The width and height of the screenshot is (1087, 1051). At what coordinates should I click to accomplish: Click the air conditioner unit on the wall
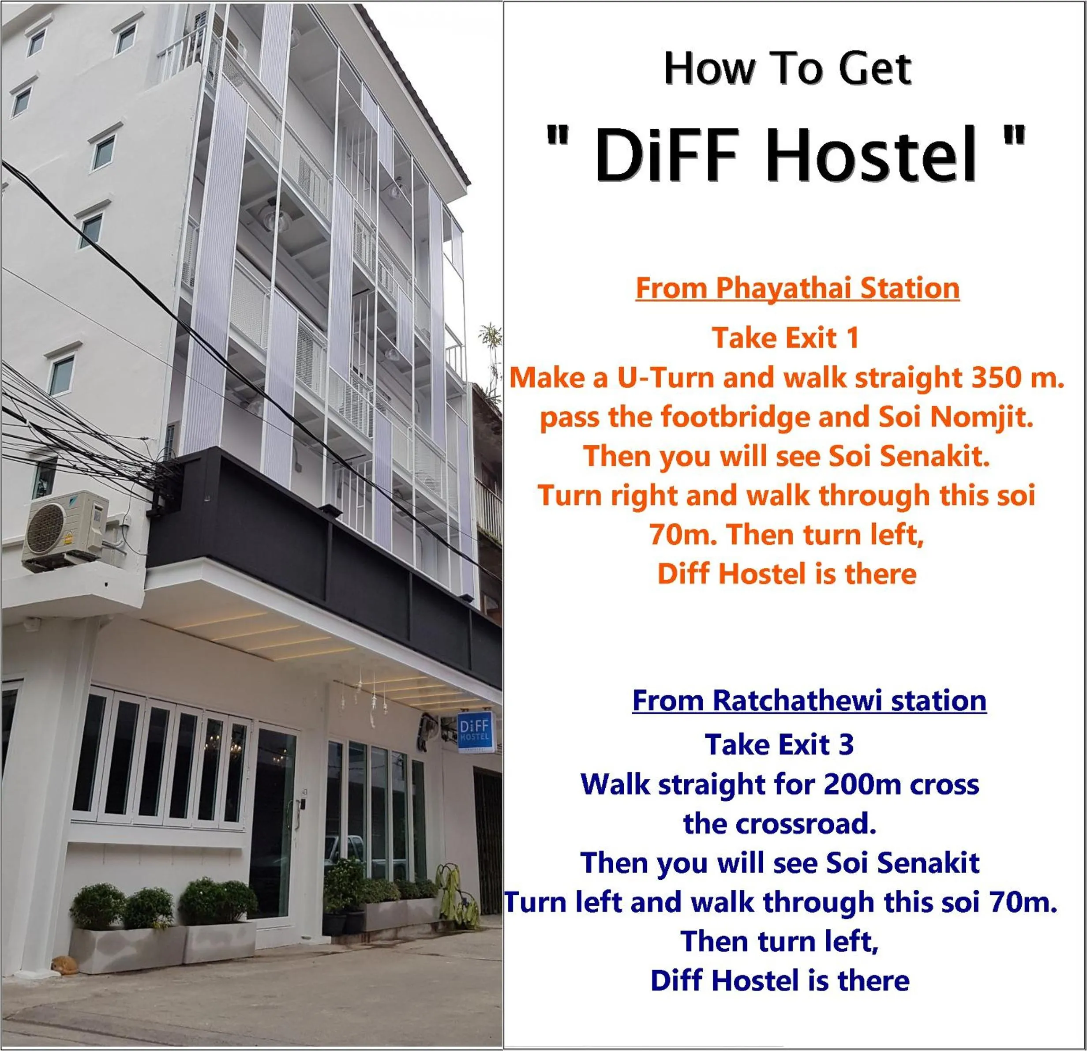coord(65,529)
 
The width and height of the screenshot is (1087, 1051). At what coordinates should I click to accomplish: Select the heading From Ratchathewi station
coord(809,701)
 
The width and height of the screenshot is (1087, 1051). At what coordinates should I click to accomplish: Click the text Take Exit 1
coord(785,338)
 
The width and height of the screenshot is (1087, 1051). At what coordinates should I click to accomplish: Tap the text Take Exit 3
coord(779,745)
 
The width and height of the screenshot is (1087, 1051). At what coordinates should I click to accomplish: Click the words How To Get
coord(787,69)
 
